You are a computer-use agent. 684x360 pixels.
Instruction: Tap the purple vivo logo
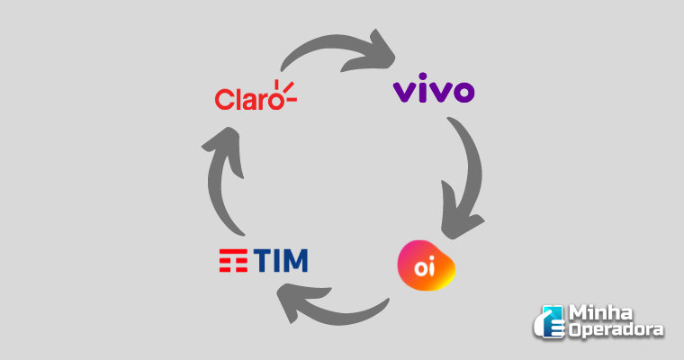[x=435, y=92]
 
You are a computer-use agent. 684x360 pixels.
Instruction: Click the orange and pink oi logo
[x=426, y=266]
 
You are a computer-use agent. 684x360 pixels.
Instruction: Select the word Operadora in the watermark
[x=616, y=330]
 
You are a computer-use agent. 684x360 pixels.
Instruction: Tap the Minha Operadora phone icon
[x=548, y=322]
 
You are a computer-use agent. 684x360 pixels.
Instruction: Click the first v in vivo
[x=404, y=93]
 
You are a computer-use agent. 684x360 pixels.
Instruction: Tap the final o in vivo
[x=463, y=93]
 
